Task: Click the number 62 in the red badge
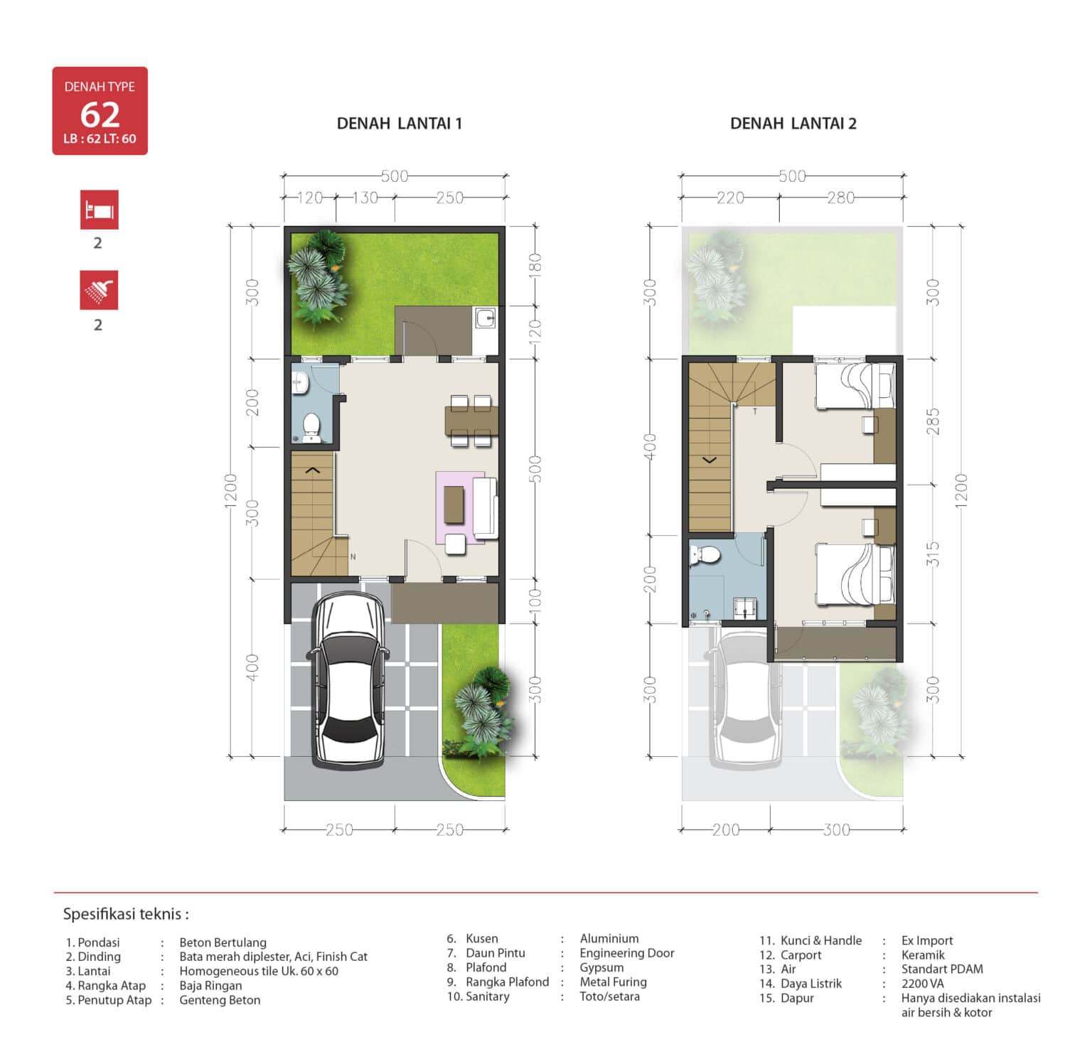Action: click(100, 114)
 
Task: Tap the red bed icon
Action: click(99, 210)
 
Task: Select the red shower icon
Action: click(99, 290)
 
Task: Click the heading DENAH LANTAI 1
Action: click(399, 124)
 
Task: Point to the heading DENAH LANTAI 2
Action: click(793, 124)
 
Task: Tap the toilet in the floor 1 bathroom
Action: click(311, 426)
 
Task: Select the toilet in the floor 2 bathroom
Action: click(706, 555)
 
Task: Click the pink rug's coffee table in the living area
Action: click(454, 504)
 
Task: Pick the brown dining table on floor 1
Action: click(471, 420)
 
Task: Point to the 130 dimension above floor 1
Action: click(365, 198)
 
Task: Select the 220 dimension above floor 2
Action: click(730, 198)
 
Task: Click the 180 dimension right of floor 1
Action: click(535, 266)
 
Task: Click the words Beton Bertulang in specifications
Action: click(223, 942)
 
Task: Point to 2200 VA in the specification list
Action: click(922, 984)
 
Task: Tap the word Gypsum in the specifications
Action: click(601, 968)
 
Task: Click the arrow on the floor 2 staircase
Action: click(710, 461)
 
